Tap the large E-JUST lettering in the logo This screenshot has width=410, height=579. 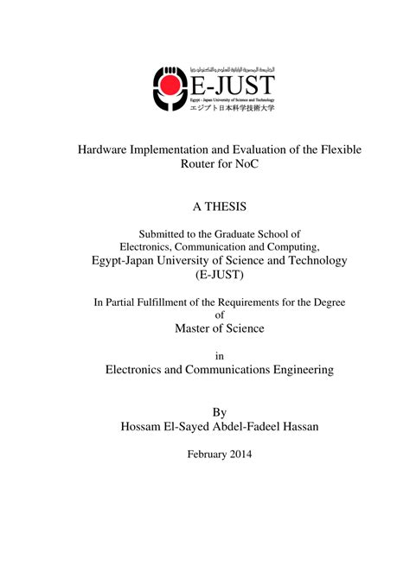pyautogui.click(x=232, y=86)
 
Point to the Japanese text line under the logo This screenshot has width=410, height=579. pyautogui.click(x=232, y=107)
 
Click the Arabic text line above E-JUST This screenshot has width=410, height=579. pyautogui.click(x=232, y=68)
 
